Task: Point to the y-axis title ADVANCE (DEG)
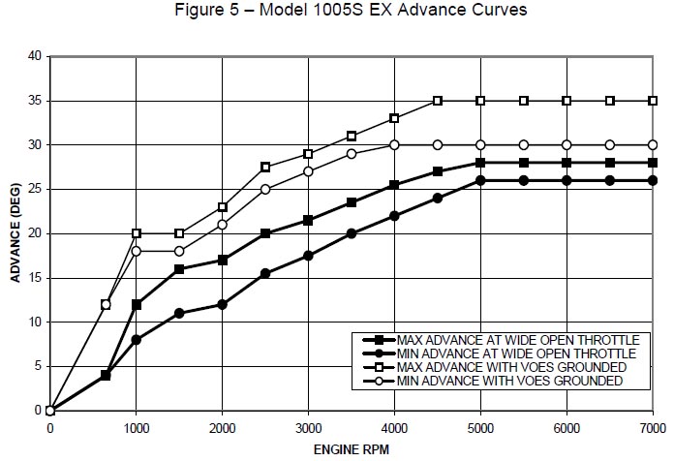[x=15, y=232]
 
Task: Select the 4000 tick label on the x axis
[x=394, y=427]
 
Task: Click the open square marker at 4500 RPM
[x=438, y=101]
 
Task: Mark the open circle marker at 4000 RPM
[x=394, y=145]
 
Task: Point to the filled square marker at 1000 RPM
[x=137, y=304]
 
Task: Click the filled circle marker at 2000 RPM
[x=223, y=304]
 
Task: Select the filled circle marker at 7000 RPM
[x=653, y=180]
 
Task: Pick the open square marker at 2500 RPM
[x=265, y=167]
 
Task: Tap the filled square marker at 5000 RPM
[x=480, y=163]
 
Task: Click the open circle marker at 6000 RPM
[x=567, y=145]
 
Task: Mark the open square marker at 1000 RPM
[x=137, y=233]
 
